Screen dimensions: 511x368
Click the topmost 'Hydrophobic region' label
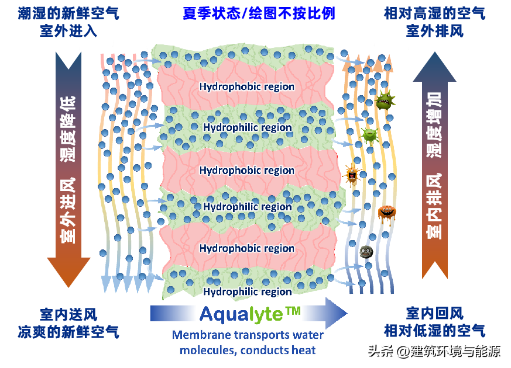point(246,86)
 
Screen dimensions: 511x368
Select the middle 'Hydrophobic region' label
point(246,171)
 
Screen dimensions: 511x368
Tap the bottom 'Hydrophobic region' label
point(246,248)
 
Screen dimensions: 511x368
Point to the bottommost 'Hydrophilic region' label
point(248,291)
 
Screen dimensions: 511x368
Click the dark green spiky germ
point(385,100)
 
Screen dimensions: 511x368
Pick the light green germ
point(370,135)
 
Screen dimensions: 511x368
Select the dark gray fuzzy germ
point(366,252)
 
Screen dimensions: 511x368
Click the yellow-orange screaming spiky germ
point(352,175)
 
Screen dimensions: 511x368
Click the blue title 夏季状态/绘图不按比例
point(259,13)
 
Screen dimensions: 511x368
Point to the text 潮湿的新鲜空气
point(68,13)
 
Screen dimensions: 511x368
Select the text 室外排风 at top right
point(435,31)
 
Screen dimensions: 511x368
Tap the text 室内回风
point(435,314)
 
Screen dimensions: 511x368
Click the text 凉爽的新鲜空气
point(68,332)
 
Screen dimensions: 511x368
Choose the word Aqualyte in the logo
point(242,315)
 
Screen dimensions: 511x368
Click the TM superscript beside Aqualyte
point(293,311)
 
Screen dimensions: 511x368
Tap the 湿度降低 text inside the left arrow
point(68,129)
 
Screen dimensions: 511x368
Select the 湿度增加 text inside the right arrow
point(434,125)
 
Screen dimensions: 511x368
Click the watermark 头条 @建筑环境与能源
point(434,352)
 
